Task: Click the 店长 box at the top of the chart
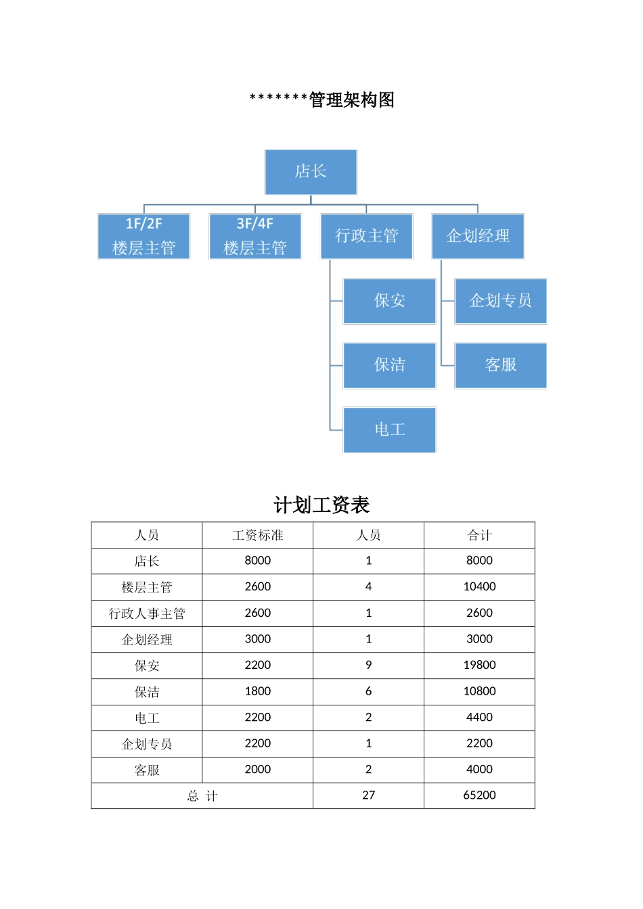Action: coord(311,172)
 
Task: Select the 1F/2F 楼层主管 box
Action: coord(143,236)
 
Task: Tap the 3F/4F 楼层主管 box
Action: coord(255,236)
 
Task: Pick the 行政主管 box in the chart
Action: coord(367,236)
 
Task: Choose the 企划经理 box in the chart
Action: coord(478,236)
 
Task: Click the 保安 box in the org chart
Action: coord(389,301)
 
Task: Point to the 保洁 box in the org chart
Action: coord(389,365)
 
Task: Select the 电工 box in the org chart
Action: coord(389,429)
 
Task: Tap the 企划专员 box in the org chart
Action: coord(501,301)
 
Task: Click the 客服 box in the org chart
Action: coord(501,365)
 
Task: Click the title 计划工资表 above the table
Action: coord(321,505)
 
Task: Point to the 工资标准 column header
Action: coord(258,535)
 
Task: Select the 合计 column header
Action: coord(479,535)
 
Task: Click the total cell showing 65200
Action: coord(479,795)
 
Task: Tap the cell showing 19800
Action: coord(479,665)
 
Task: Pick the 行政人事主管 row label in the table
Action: coord(147,613)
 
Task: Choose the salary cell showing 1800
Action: coord(258,691)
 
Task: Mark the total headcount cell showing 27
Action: coord(368,795)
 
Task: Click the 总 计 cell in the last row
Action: coord(202,796)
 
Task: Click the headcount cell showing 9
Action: coord(368,665)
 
